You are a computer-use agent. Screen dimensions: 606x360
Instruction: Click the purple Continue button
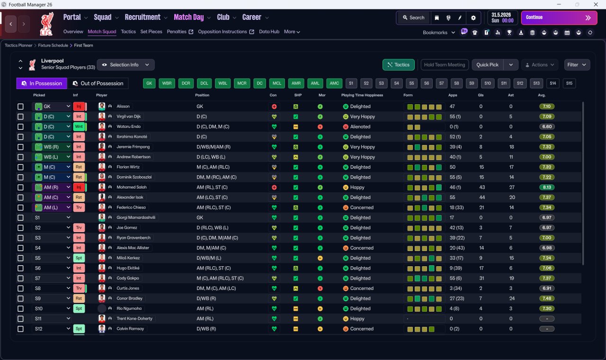point(559,18)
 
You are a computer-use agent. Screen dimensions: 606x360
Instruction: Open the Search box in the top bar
point(413,18)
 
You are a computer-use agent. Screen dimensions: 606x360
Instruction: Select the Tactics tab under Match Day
point(128,32)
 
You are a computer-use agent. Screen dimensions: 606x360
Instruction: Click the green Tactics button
point(398,65)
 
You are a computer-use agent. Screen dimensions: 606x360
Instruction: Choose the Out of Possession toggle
point(98,83)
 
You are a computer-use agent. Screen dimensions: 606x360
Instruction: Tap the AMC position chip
point(334,83)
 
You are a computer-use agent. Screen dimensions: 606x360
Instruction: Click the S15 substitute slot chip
point(569,83)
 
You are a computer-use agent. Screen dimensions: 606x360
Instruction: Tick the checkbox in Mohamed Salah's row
point(20,187)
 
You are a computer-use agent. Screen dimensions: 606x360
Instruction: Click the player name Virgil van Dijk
point(128,117)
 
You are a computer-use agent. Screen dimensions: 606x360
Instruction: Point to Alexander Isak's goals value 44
point(482,198)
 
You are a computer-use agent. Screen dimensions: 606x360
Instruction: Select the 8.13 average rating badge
point(546,187)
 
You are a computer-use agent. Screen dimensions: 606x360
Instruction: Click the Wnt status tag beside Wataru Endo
point(79,126)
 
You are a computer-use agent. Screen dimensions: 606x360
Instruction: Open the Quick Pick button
point(487,65)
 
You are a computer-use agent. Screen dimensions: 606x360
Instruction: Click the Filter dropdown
point(577,65)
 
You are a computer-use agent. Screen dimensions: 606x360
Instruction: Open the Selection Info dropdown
point(126,65)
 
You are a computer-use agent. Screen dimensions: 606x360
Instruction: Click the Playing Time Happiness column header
point(362,95)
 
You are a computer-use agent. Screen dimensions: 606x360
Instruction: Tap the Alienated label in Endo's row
point(360,126)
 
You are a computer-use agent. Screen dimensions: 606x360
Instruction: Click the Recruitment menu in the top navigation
point(143,18)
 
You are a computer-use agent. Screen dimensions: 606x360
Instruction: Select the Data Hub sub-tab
point(269,32)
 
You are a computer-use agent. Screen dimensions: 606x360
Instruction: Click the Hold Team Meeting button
point(445,65)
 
